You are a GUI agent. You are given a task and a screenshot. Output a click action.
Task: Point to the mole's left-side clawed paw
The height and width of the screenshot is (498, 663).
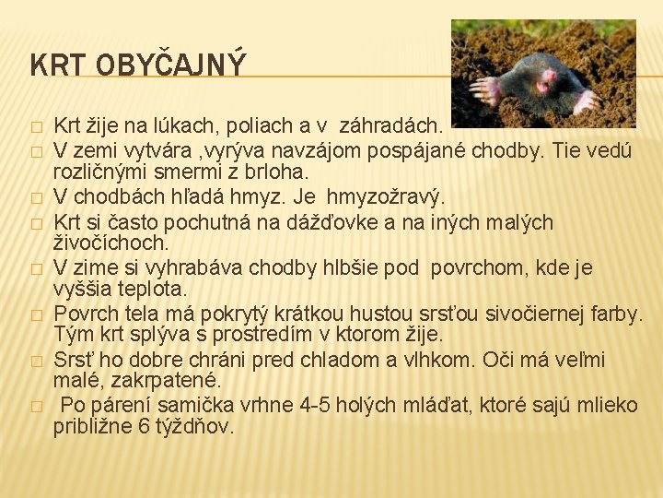484,89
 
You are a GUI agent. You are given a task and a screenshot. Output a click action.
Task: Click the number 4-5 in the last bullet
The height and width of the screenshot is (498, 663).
308,405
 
